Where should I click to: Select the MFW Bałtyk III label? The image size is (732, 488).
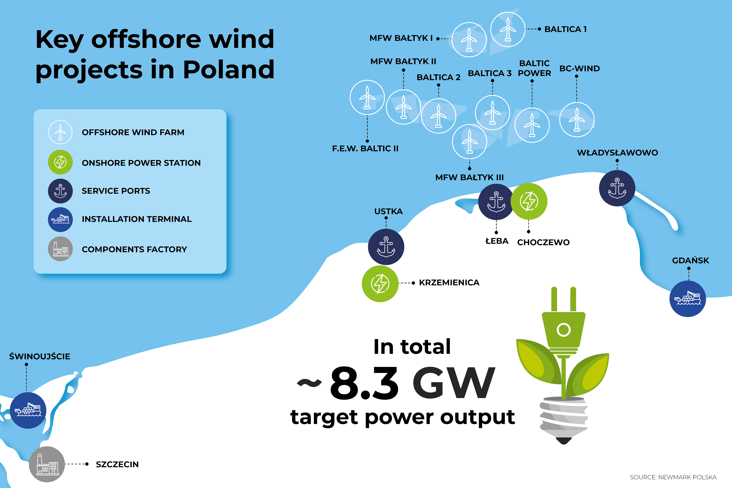(469, 177)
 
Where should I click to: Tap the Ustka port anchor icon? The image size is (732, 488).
(386, 247)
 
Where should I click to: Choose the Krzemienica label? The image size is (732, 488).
(449, 283)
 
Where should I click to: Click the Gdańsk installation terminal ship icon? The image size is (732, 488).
(688, 299)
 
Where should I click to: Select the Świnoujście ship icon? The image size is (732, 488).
(28, 411)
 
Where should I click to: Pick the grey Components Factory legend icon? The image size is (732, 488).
(60, 249)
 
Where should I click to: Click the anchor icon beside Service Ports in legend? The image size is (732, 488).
(60, 191)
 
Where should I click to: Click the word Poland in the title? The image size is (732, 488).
(229, 69)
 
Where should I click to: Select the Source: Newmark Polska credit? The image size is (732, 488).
(673, 477)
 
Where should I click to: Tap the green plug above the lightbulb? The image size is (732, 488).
(563, 324)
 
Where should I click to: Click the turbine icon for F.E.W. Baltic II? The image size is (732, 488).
(367, 97)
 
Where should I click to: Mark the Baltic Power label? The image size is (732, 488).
(534, 68)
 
